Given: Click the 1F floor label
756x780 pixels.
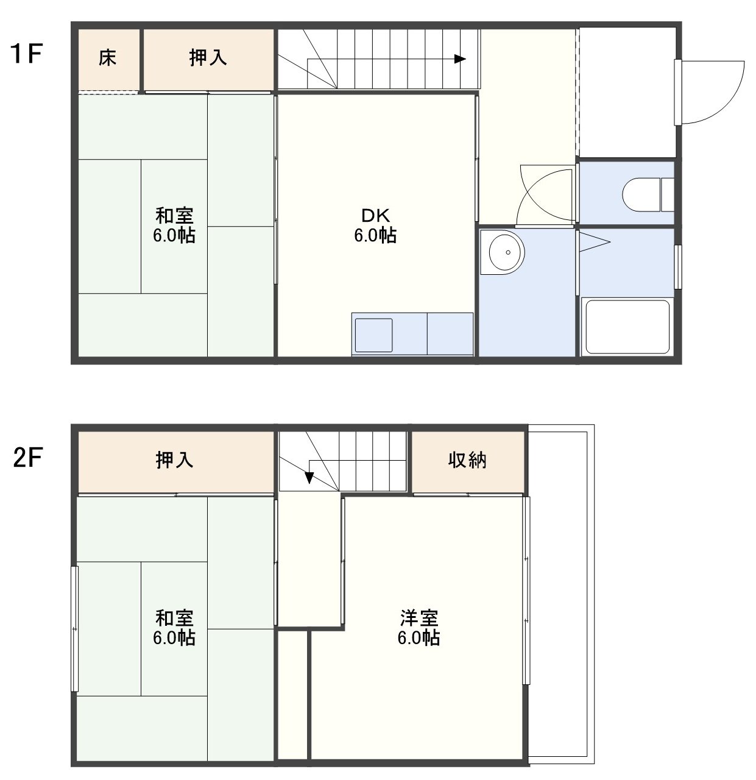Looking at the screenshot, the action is tap(26, 54).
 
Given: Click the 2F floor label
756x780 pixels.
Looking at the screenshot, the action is tap(27, 458).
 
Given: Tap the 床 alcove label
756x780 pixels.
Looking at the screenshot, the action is tap(108, 58).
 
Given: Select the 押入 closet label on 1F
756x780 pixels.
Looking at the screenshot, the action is tap(208, 58).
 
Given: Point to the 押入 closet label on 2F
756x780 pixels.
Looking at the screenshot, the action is tap(174, 460).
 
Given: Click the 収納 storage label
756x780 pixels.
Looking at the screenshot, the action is tap(467, 460).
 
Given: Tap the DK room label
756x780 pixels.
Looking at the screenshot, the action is tap(375, 216).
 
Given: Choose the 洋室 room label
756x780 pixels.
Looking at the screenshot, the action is tap(419, 618).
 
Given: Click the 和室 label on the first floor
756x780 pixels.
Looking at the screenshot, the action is tap(174, 216).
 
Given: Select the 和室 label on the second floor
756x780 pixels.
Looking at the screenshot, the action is tap(174, 618).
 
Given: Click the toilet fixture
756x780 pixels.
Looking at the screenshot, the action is tap(648, 195).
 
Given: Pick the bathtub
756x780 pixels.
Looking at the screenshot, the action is tap(627, 327).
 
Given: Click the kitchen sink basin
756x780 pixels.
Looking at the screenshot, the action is tap(373, 335).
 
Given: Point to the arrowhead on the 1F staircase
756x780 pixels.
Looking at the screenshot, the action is tap(460, 59).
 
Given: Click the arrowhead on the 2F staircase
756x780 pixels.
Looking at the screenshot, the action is tap(309, 478).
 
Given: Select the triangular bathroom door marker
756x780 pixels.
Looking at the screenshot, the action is tap(594, 242).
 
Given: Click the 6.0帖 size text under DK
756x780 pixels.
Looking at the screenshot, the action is tap(375, 235).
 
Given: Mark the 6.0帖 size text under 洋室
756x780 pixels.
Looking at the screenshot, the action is tap(419, 637).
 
